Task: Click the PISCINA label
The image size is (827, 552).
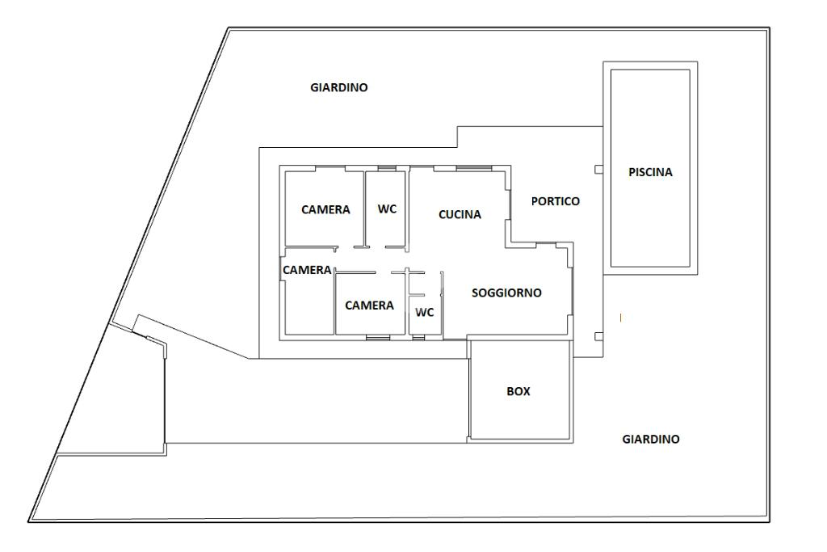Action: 650,172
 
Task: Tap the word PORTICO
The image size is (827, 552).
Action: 555,201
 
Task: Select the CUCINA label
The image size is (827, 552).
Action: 460,215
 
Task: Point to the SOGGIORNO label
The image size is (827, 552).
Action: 506,293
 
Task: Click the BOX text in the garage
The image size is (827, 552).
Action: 518,391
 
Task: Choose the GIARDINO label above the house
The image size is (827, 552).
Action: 338,87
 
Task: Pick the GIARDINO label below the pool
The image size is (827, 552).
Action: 650,440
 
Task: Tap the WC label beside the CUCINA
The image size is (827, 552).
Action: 387,209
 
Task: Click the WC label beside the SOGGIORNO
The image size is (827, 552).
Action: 425,312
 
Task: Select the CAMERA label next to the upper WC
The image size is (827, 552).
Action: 325,210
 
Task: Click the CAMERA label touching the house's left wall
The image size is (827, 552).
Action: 307,270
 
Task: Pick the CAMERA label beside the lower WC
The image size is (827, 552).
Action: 369,305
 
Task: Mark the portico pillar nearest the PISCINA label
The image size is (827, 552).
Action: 598,170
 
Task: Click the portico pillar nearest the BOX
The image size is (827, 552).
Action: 598,335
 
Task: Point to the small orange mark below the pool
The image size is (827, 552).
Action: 620,318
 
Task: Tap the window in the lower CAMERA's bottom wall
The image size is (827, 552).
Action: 376,336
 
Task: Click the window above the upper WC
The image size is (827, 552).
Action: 387,168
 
